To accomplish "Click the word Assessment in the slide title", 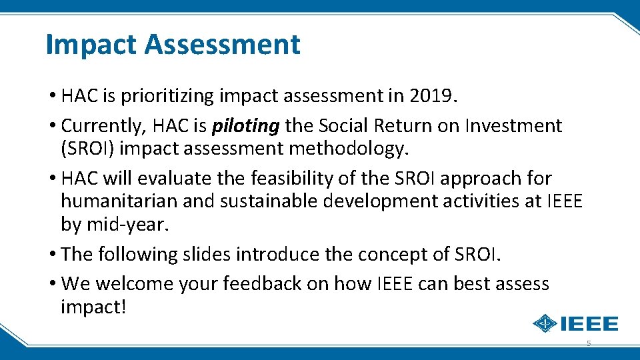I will [222, 45].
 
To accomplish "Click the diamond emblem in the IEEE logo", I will [545, 324].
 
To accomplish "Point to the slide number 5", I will [588, 343].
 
